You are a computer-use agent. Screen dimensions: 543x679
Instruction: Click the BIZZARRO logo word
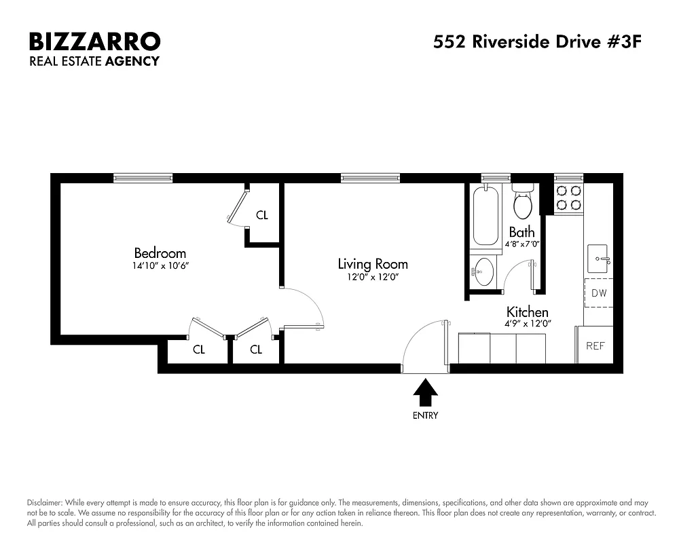point(94,41)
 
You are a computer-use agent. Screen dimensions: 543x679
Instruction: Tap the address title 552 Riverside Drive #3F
point(537,42)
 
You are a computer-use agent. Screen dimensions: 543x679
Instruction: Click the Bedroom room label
point(160,253)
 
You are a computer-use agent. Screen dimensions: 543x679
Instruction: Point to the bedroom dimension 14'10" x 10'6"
point(160,266)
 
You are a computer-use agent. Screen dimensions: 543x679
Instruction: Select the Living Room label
point(373,264)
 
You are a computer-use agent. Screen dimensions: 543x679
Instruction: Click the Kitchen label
point(528,312)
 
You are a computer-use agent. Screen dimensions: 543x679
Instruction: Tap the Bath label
point(521,232)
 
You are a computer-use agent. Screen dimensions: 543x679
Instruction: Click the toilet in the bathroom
point(523,201)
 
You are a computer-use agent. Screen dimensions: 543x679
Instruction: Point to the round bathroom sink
point(484,271)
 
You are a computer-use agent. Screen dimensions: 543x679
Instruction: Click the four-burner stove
point(569,198)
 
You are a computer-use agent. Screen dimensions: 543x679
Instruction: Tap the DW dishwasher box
point(598,293)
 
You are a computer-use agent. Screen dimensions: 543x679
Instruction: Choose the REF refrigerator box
point(595,345)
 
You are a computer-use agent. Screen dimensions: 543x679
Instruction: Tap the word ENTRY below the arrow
point(426,415)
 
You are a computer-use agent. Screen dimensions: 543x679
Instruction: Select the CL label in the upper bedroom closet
point(262,216)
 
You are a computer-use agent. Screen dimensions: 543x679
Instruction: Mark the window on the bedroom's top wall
point(143,178)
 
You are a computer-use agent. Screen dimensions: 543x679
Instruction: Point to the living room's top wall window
point(370,178)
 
